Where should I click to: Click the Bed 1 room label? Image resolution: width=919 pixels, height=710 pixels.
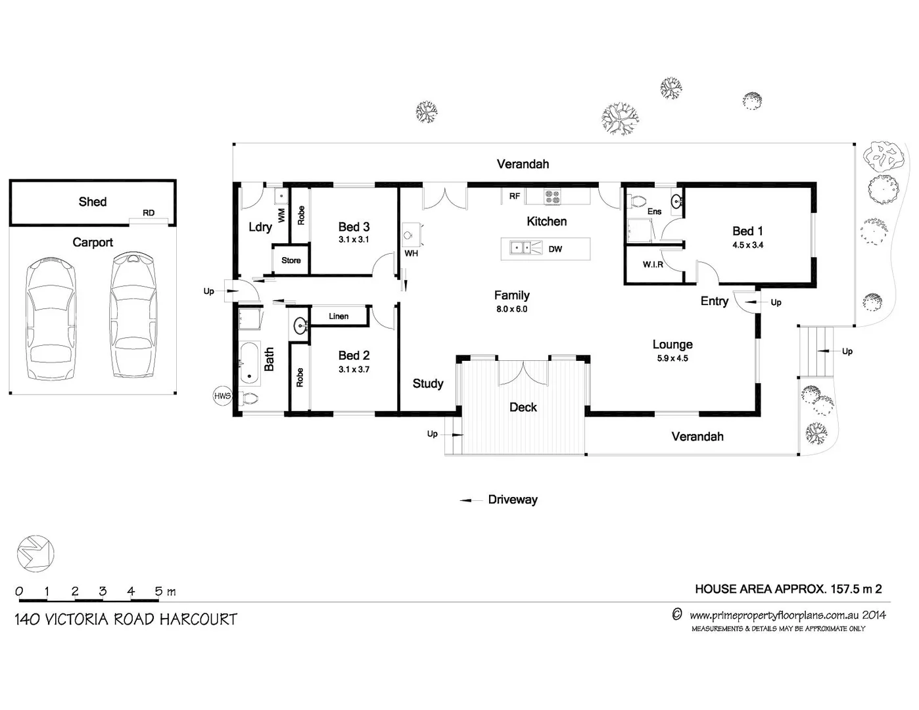747,231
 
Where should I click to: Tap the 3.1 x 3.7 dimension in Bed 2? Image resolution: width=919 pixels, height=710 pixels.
354,369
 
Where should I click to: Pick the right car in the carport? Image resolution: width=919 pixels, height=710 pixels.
134,315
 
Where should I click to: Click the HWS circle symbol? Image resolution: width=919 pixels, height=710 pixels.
222,396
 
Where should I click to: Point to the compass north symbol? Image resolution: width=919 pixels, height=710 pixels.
35,552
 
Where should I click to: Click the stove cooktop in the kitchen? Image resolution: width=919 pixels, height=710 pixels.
552,195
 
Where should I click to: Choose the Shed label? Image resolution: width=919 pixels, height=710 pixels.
92,202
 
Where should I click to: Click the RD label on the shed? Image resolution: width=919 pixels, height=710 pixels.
149,213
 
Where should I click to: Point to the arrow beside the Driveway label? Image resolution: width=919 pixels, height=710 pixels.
471,501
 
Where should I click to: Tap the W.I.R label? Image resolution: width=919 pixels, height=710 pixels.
652,264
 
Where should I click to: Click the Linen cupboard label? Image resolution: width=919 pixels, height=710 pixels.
339,316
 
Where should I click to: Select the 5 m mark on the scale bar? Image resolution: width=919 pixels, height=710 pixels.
158,592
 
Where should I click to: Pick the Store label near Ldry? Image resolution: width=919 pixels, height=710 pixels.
291,260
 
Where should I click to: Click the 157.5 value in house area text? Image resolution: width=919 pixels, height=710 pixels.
845,589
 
